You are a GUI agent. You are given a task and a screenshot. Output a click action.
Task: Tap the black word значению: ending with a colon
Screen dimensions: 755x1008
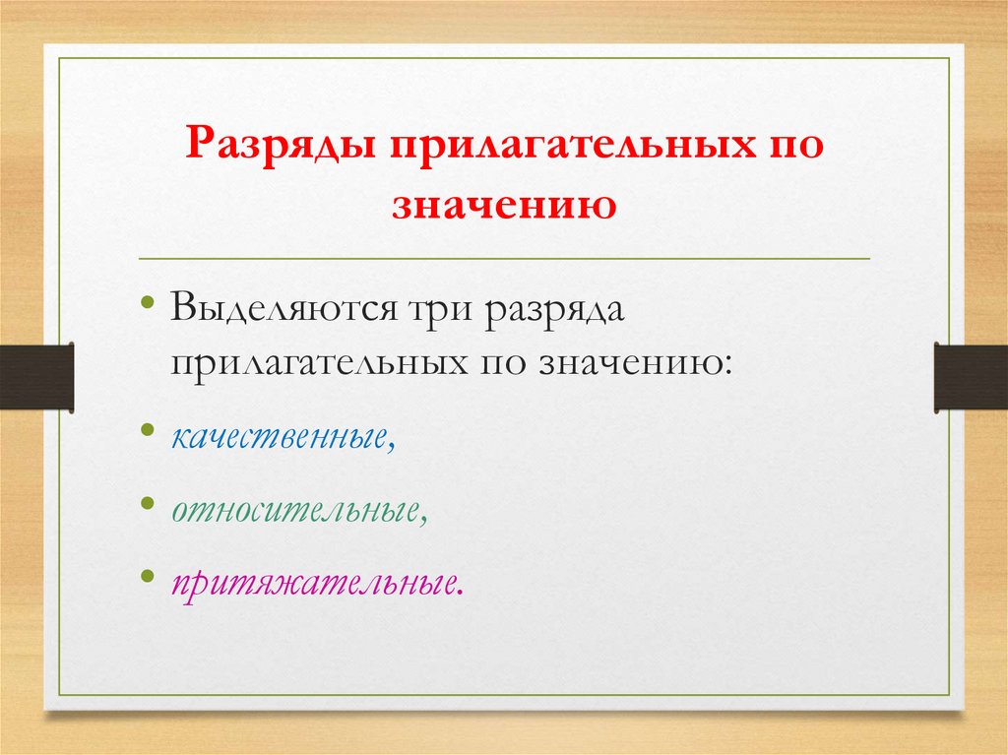tap(634, 363)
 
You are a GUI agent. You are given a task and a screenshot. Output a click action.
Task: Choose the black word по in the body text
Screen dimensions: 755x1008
tap(502, 363)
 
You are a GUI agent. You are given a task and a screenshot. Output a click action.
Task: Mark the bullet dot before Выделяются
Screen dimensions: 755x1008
tap(147, 301)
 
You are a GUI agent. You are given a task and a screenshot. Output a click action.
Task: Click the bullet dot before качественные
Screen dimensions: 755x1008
tap(147, 429)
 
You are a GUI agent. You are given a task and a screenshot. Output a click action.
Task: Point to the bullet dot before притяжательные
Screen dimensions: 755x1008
tap(147, 576)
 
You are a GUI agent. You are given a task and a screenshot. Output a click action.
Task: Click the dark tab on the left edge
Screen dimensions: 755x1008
tap(36, 377)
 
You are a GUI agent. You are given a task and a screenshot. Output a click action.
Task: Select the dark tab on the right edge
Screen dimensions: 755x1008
tap(971, 377)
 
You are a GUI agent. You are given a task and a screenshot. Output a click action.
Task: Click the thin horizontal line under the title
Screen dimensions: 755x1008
tap(504, 258)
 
